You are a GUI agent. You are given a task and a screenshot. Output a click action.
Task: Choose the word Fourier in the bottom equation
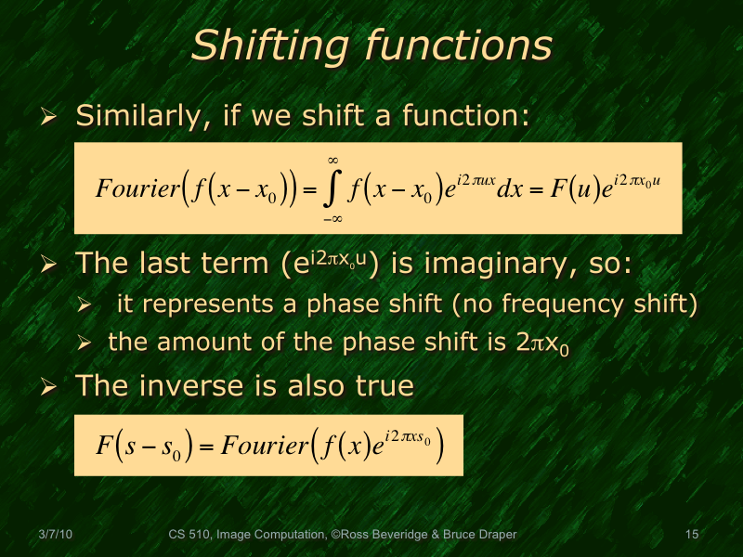[x=270, y=446]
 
